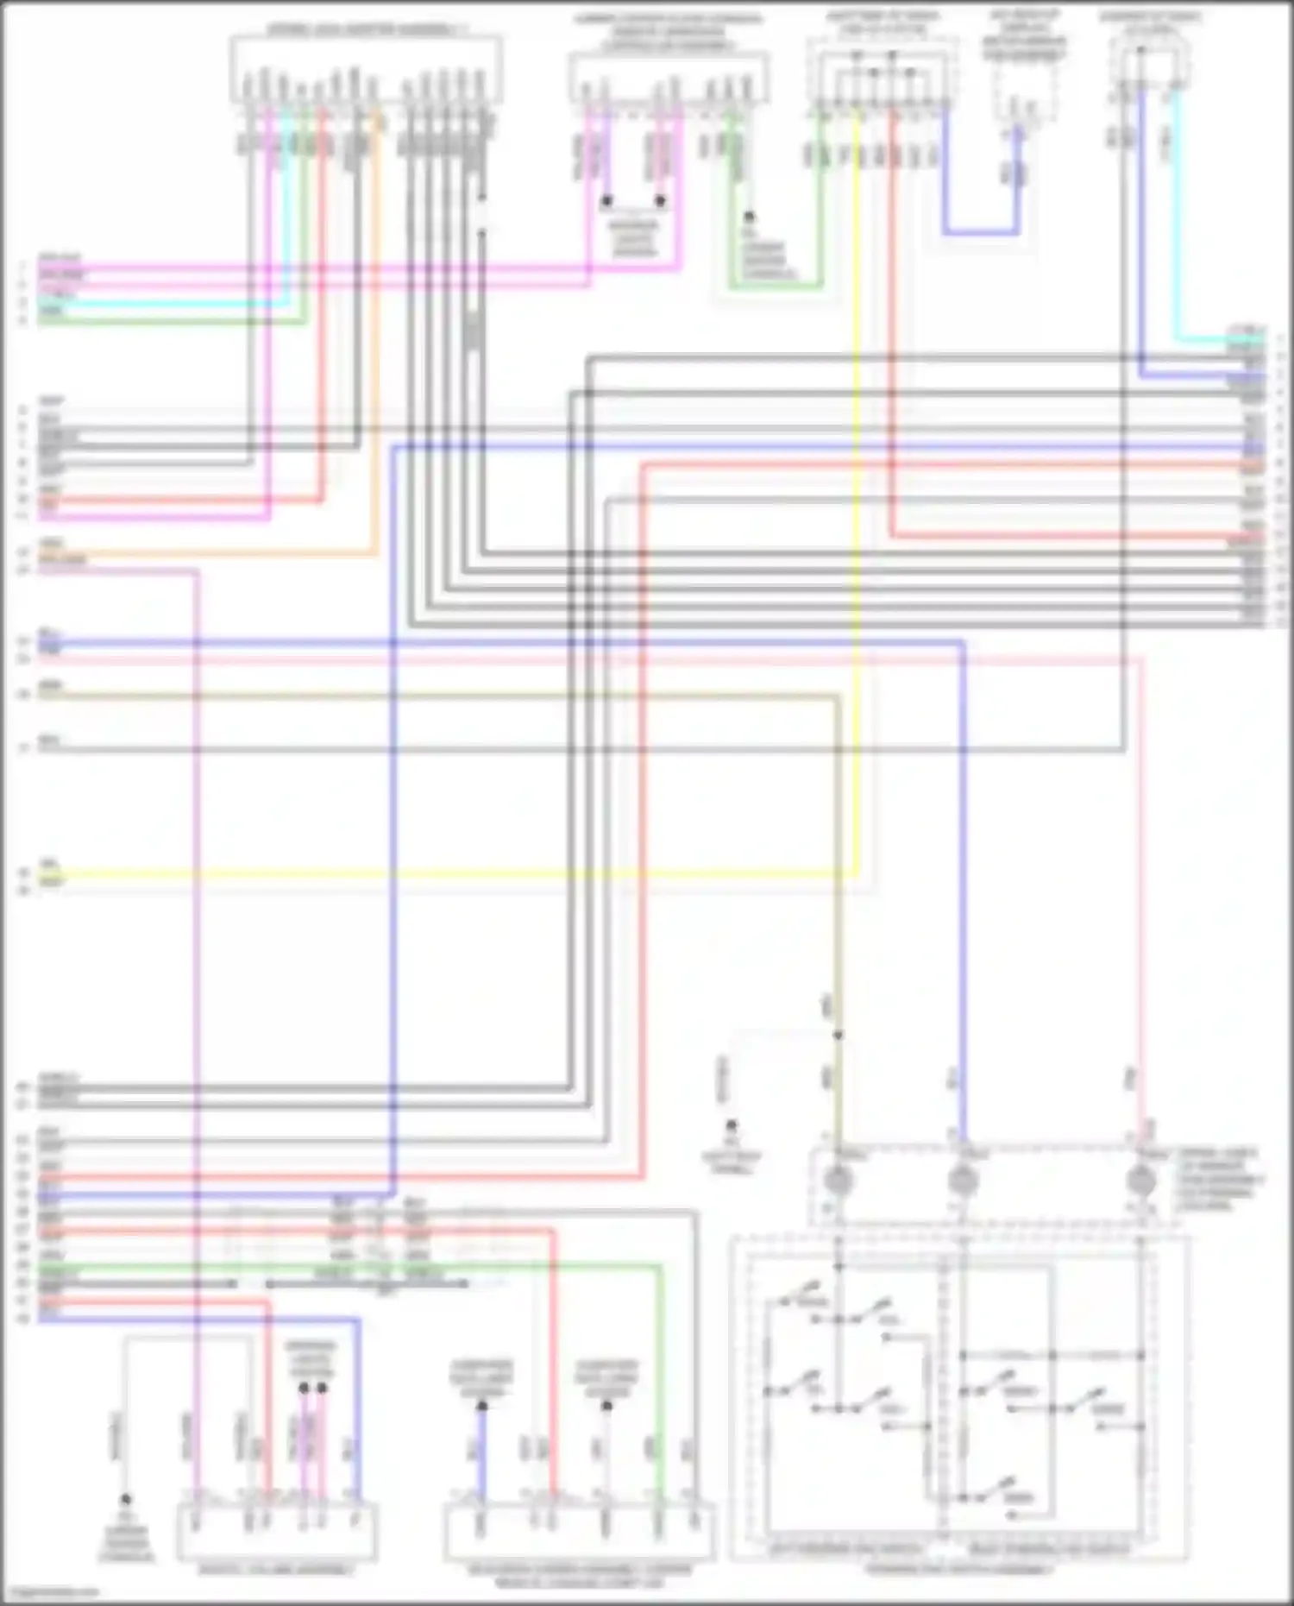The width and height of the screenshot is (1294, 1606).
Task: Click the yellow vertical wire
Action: click(x=857, y=518)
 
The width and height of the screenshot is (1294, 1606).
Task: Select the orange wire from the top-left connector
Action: click(x=375, y=345)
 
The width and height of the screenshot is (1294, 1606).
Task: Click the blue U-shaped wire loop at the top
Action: click(x=981, y=231)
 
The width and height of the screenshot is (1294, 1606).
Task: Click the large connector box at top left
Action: click(x=366, y=69)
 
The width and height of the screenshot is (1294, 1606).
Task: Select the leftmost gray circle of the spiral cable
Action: click(x=839, y=1180)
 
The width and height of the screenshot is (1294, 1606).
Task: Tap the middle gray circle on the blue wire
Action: click(x=963, y=1180)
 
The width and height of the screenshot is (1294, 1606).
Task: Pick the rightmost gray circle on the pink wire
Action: click(x=1142, y=1180)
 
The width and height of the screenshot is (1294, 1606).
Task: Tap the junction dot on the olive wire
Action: click(x=838, y=1035)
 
